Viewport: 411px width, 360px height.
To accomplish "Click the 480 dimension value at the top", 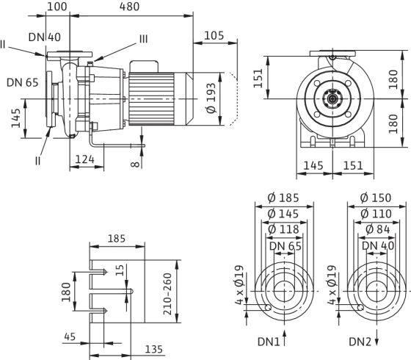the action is click(129, 7).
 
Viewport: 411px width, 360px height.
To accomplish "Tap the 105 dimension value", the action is click(214, 35).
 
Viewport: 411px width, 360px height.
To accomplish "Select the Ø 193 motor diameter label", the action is click(211, 98).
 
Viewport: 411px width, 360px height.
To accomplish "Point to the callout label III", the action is click(143, 39).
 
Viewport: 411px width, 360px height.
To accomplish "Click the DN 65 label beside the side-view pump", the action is click(23, 82).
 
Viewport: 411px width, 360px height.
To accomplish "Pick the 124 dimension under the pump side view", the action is click(85, 159).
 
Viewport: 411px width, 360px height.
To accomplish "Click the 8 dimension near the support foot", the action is click(135, 165).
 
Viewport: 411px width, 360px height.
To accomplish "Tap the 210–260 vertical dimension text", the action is click(167, 294).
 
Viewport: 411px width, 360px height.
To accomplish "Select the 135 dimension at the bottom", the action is click(154, 349).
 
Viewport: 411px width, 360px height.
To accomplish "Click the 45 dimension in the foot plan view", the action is click(70, 336).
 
